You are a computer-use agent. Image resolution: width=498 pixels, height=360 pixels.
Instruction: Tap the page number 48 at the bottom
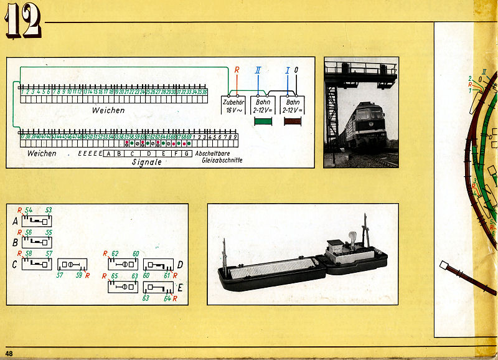[9, 354]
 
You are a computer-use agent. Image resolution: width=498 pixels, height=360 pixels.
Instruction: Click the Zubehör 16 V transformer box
[233, 105]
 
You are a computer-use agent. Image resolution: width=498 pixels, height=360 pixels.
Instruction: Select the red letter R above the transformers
[237, 70]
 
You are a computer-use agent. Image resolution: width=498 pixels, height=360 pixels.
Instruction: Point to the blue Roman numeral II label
[258, 70]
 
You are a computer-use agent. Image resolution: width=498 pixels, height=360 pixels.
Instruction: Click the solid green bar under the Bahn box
[263, 121]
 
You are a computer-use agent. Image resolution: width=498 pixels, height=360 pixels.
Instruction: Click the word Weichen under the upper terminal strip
[108, 110]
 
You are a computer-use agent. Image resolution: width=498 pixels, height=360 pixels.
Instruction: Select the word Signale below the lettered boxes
[147, 161]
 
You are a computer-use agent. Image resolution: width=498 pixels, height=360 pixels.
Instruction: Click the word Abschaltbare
[213, 153]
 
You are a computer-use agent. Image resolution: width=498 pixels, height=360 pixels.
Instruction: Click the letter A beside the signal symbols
[15, 220]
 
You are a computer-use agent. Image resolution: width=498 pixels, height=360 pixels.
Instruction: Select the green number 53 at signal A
[49, 211]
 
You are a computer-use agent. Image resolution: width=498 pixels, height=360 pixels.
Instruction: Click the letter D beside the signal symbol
[179, 265]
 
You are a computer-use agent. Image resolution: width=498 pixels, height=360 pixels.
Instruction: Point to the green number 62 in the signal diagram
[115, 253]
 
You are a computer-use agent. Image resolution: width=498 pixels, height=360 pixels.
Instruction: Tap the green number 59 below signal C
[79, 275]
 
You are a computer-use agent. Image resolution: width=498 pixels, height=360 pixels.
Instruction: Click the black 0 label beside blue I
[296, 70]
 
